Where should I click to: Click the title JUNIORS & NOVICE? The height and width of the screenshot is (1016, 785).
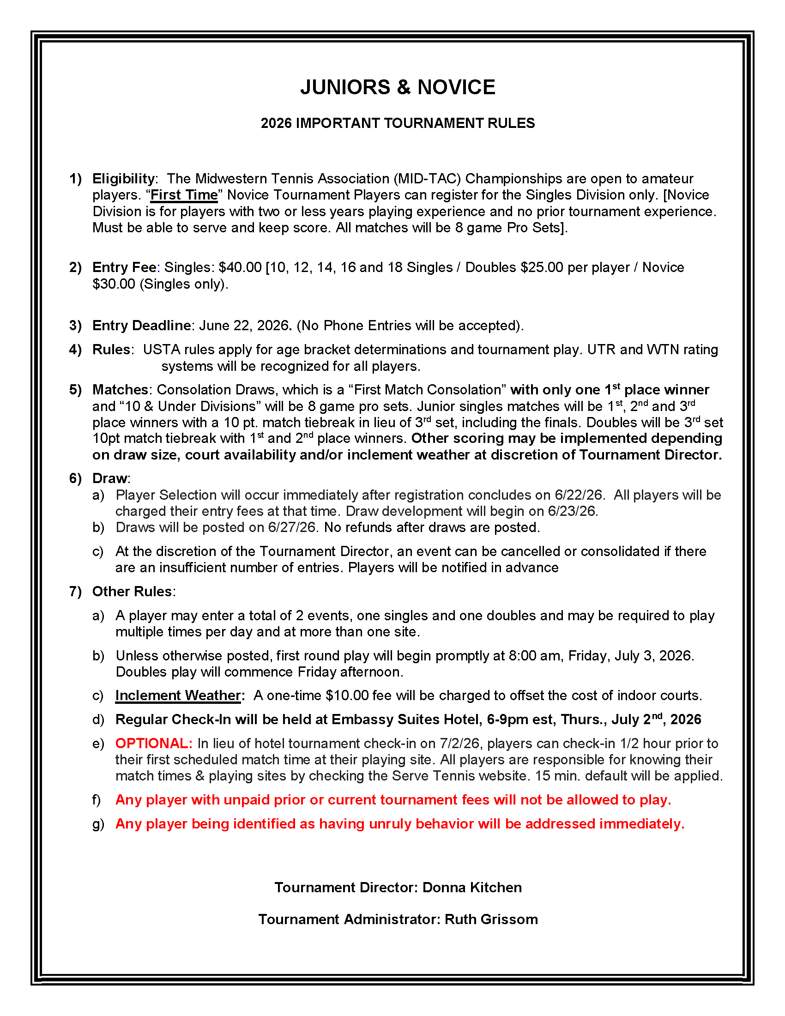click(398, 87)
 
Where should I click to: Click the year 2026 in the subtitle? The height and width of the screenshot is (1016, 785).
click(276, 123)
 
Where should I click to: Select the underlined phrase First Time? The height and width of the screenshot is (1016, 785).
click(184, 195)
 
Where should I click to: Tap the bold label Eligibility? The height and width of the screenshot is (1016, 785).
click(124, 179)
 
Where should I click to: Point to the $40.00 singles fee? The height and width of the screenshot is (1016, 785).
click(240, 267)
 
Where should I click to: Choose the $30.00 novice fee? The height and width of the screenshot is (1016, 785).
click(114, 284)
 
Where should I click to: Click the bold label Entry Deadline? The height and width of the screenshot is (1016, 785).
click(141, 326)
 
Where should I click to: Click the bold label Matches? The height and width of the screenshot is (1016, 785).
click(120, 390)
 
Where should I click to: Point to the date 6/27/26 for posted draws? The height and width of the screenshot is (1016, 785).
click(291, 527)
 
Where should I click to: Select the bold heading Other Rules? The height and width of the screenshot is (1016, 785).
click(132, 592)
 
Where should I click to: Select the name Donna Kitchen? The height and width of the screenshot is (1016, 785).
click(472, 888)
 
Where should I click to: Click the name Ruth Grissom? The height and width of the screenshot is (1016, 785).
click(491, 919)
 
